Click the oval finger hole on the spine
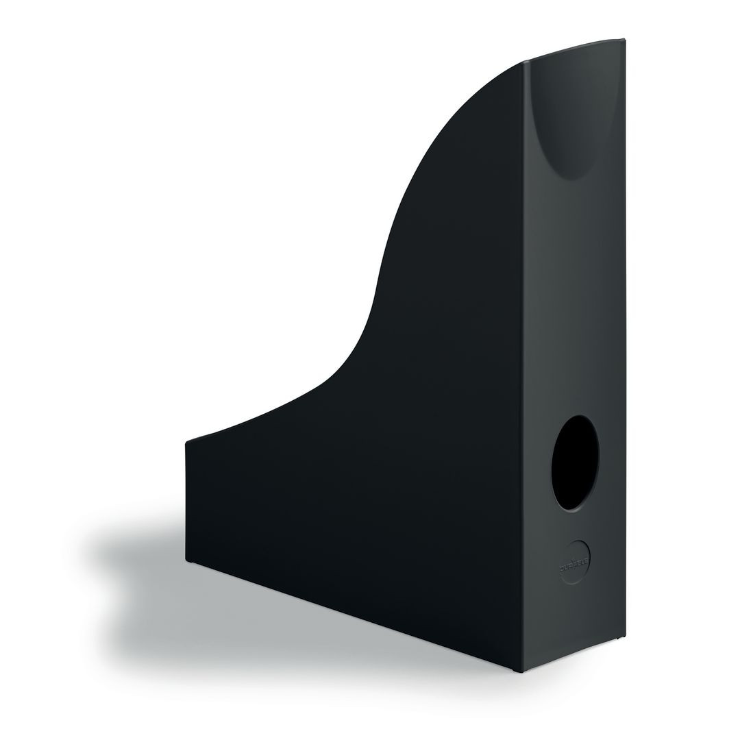(x=575, y=463)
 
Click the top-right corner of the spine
(x=624, y=39)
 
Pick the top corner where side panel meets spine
(x=525, y=61)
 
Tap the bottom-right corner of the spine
(x=626, y=635)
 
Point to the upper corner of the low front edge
(x=187, y=442)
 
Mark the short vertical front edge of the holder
(x=186, y=500)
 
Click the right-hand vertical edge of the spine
(x=626, y=343)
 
